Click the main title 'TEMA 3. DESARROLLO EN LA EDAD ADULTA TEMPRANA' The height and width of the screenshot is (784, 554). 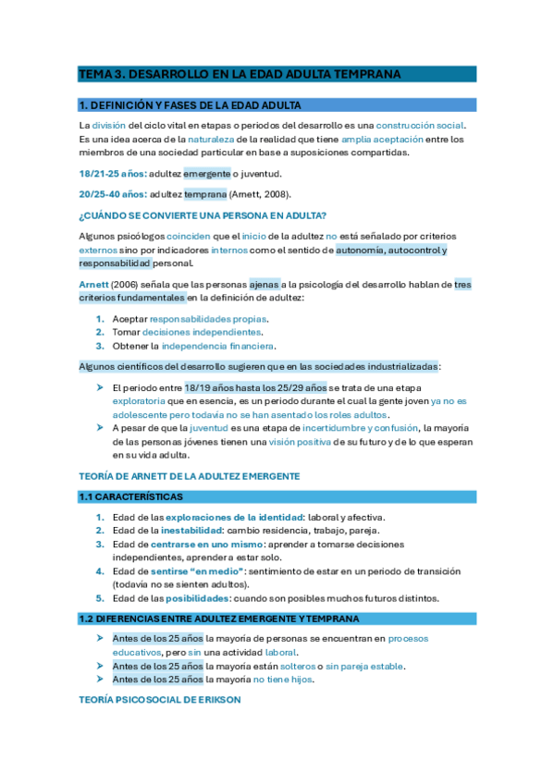[240, 74]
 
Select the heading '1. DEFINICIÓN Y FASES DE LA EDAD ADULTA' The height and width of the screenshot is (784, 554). [191, 105]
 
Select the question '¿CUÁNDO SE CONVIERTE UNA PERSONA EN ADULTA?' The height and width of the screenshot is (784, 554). [203, 215]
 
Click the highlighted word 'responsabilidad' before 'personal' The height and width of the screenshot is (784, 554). [116, 263]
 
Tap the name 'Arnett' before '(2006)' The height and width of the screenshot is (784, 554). [93, 285]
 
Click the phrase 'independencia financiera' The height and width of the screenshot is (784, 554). [217, 346]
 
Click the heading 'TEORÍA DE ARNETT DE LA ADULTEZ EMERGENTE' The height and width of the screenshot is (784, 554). [190, 475]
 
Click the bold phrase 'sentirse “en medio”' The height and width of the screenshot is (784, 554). [197, 571]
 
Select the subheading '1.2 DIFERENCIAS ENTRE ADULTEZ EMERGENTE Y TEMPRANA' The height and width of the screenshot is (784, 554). [219, 619]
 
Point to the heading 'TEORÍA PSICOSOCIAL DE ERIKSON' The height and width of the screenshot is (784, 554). [160, 700]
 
